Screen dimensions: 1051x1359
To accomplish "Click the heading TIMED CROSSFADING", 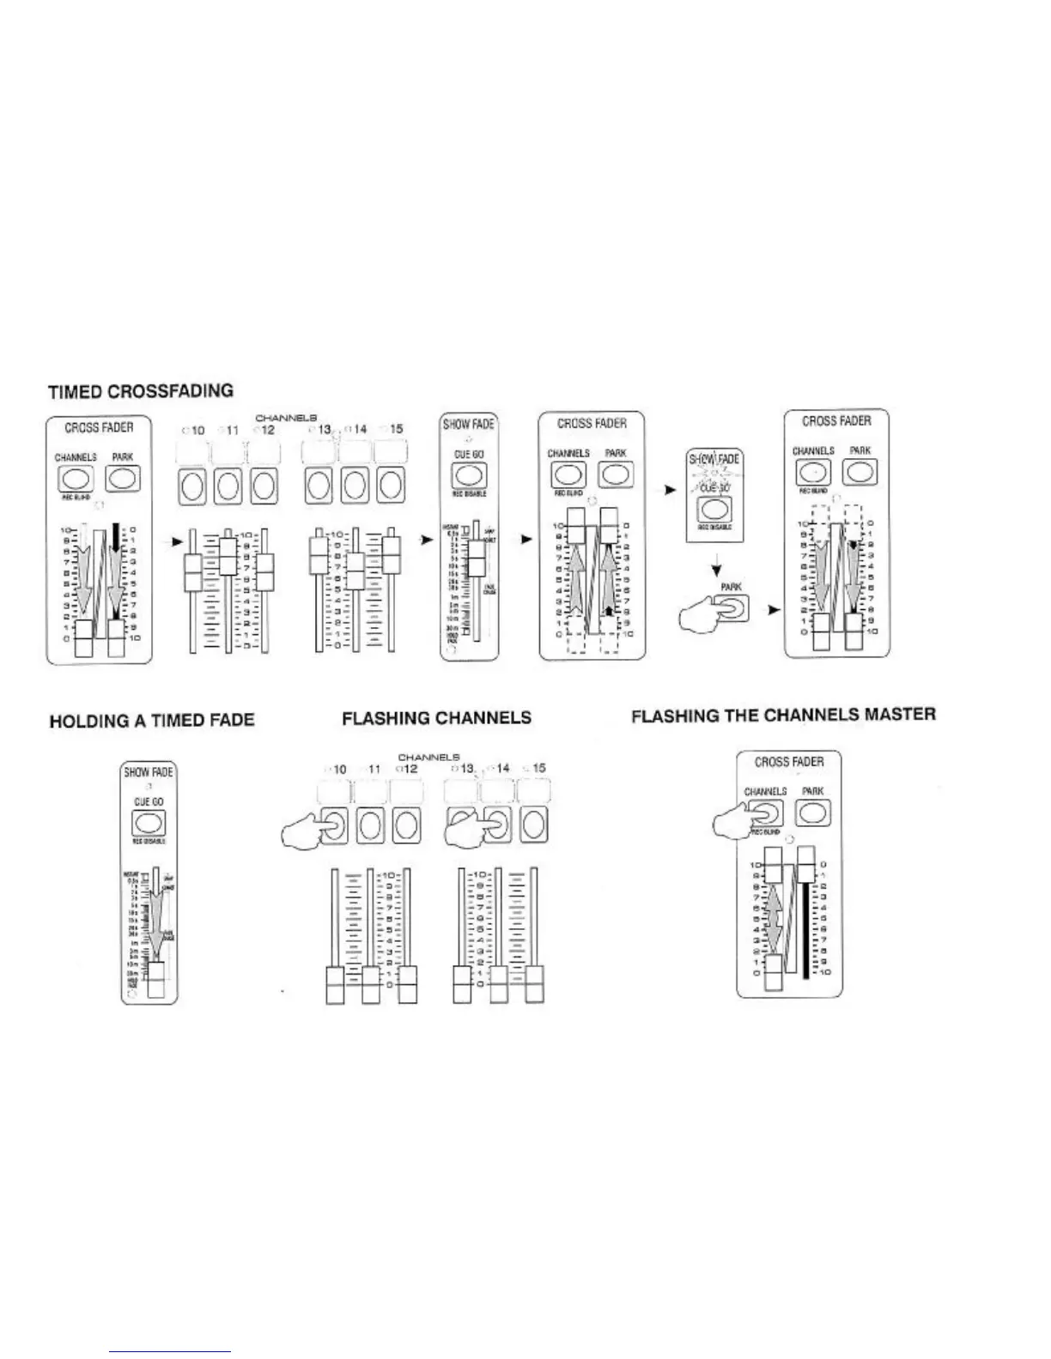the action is pyautogui.click(x=141, y=391).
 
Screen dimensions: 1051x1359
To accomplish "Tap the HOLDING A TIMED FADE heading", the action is pyautogui.click(x=152, y=720).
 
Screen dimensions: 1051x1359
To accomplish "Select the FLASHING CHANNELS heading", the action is pyautogui.click(x=436, y=718).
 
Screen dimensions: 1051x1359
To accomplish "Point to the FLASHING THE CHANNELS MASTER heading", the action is pyautogui.click(x=783, y=715).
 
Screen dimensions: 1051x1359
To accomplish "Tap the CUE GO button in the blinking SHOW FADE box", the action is pyautogui.click(x=713, y=508).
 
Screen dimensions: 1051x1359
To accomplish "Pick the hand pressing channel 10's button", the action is pyautogui.click(x=309, y=829).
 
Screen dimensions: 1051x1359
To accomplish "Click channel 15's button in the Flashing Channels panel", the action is pyautogui.click(x=534, y=825).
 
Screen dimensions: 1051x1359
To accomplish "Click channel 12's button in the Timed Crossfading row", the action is pyautogui.click(x=264, y=486).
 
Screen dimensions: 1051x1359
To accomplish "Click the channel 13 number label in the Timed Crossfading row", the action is pyautogui.click(x=324, y=429).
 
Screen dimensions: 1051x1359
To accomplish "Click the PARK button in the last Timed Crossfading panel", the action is pyautogui.click(x=860, y=471).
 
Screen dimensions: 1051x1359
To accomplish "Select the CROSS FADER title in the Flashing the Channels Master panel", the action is pyautogui.click(x=789, y=762).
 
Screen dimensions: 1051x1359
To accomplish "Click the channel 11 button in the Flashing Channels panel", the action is pyautogui.click(x=370, y=825).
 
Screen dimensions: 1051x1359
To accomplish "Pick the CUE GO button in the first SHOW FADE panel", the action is pyautogui.click(x=469, y=475).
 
